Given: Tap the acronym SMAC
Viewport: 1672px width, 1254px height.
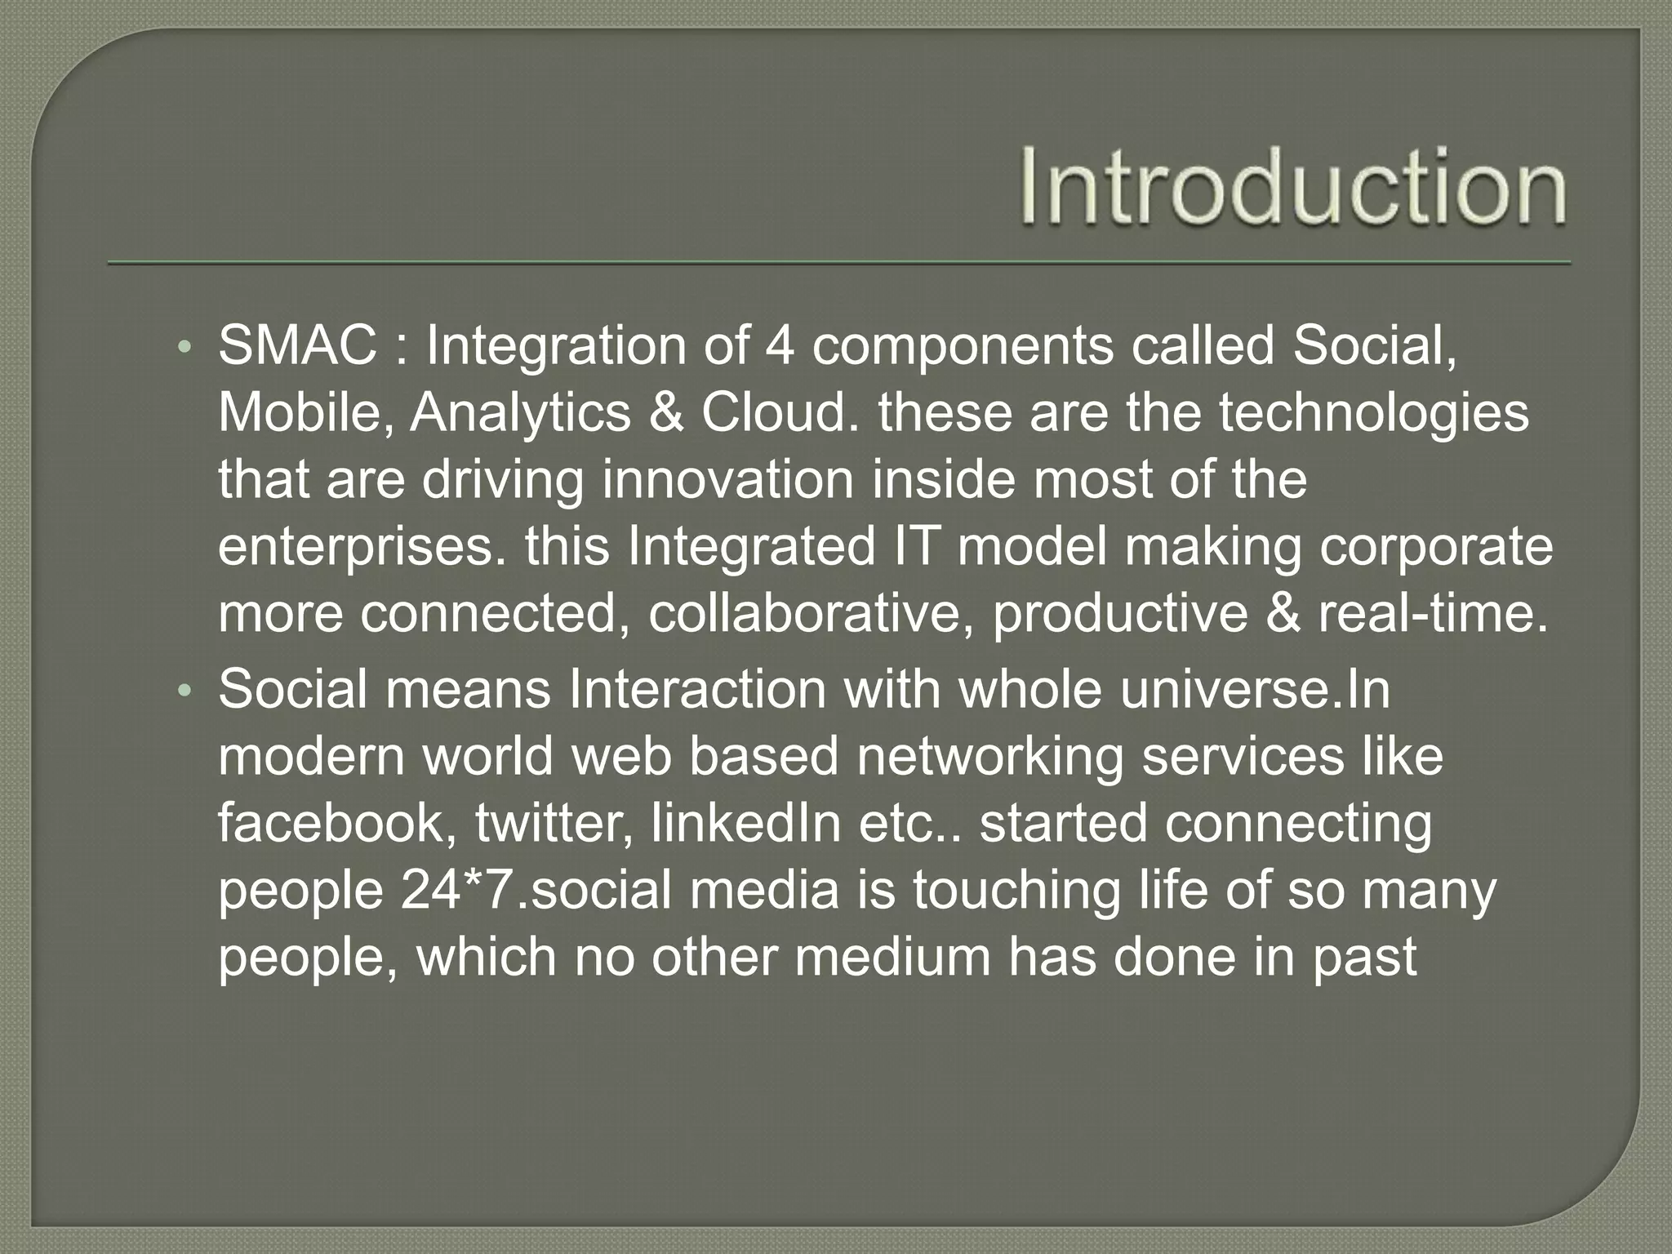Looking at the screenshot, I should [x=298, y=346].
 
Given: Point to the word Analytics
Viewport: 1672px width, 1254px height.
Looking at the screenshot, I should [x=520, y=413].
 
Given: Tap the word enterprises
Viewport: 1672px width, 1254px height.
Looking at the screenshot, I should [x=367, y=547].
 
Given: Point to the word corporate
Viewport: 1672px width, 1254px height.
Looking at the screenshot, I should [x=1436, y=547].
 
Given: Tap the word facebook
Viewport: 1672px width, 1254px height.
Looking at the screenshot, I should [x=337, y=823].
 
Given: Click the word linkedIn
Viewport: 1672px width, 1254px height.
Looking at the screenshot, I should [x=746, y=823].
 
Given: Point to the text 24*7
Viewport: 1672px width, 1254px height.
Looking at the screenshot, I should [x=454, y=890].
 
